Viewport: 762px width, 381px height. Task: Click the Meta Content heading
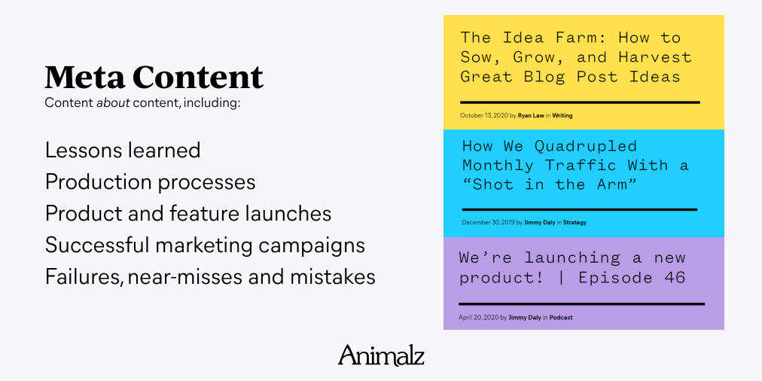154,78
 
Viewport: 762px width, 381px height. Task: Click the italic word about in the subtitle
113,103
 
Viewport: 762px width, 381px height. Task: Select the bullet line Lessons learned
123,150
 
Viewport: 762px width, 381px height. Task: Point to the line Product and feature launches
188,214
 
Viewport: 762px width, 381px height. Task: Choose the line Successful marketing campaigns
205,246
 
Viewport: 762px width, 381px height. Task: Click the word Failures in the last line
81,277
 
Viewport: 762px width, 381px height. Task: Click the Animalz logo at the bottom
381,355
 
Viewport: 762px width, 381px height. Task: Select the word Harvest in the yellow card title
654,57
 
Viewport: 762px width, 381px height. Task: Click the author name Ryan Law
531,116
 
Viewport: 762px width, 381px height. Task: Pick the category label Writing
562,116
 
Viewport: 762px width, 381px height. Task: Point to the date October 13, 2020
484,116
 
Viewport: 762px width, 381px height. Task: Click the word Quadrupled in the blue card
585,146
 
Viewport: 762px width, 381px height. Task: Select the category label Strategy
575,223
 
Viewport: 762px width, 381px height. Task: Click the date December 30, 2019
488,223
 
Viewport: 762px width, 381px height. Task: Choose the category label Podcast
561,318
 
